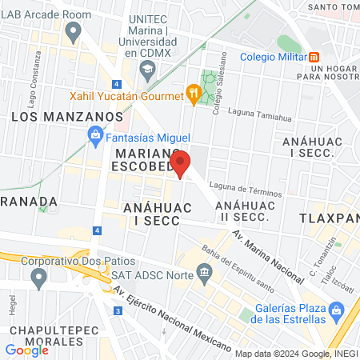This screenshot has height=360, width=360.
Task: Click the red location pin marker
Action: pyautogui.click(x=181, y=163)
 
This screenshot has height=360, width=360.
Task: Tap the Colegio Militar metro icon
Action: pyautogui.click(x=315, y=57)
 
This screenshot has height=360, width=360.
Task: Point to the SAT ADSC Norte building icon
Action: pyautogui.click(x=205, y=274)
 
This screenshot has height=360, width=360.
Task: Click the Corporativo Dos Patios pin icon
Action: pyautogui.click(x=38, y=278)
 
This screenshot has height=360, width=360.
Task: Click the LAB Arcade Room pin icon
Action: pyautogui.click(x=74, y=33)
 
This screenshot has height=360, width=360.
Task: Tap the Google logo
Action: pyautogui.click(x=26, y=350)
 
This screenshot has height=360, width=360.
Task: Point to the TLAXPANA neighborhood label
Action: pyautogui.click(x=329, y=218)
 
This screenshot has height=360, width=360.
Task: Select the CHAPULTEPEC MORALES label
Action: pyautogui.click(x=49, y=336)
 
